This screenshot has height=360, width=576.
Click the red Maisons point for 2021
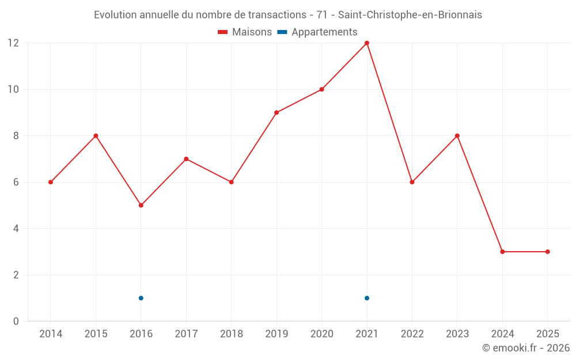point(367,43)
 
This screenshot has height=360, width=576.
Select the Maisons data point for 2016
point(141,205)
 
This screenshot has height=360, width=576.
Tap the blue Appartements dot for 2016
point(141,298)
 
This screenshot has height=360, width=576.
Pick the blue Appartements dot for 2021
point(367,298)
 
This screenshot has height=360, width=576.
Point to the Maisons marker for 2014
point(51,182)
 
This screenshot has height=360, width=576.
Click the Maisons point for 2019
point(276,112)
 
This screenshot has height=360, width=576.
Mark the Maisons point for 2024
point(502,252)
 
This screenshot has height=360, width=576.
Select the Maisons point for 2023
point(457,136)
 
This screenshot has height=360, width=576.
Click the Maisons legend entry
point(245,32)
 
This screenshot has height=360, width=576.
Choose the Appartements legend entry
point(318,32)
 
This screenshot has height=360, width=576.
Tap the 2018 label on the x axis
point(232,334)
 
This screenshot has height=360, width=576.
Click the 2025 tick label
point(547,334)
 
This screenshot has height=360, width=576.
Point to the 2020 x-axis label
point(322,334)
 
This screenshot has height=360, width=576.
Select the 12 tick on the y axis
point(13,43)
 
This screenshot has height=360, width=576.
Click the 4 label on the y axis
point(17,229)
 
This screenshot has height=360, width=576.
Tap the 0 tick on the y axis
point(17,321)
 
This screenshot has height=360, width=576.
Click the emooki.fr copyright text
point(526,348)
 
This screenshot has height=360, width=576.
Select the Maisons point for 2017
point(186,159)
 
